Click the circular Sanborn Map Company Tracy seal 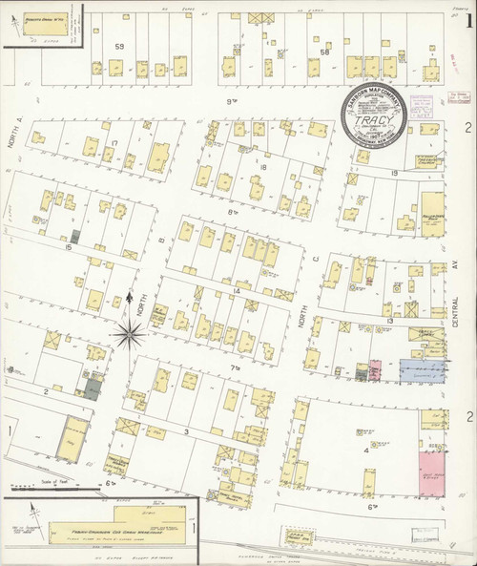[x=378, y=117]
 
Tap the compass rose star [x=129, y=332]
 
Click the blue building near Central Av [x=421, y=369]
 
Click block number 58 [x=324, y=53]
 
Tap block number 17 [x=113, y=143]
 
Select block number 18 [x=261, y=167]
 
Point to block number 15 [x=68, y=247]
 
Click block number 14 [x=237, y=288]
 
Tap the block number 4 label [x=366, y=450]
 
